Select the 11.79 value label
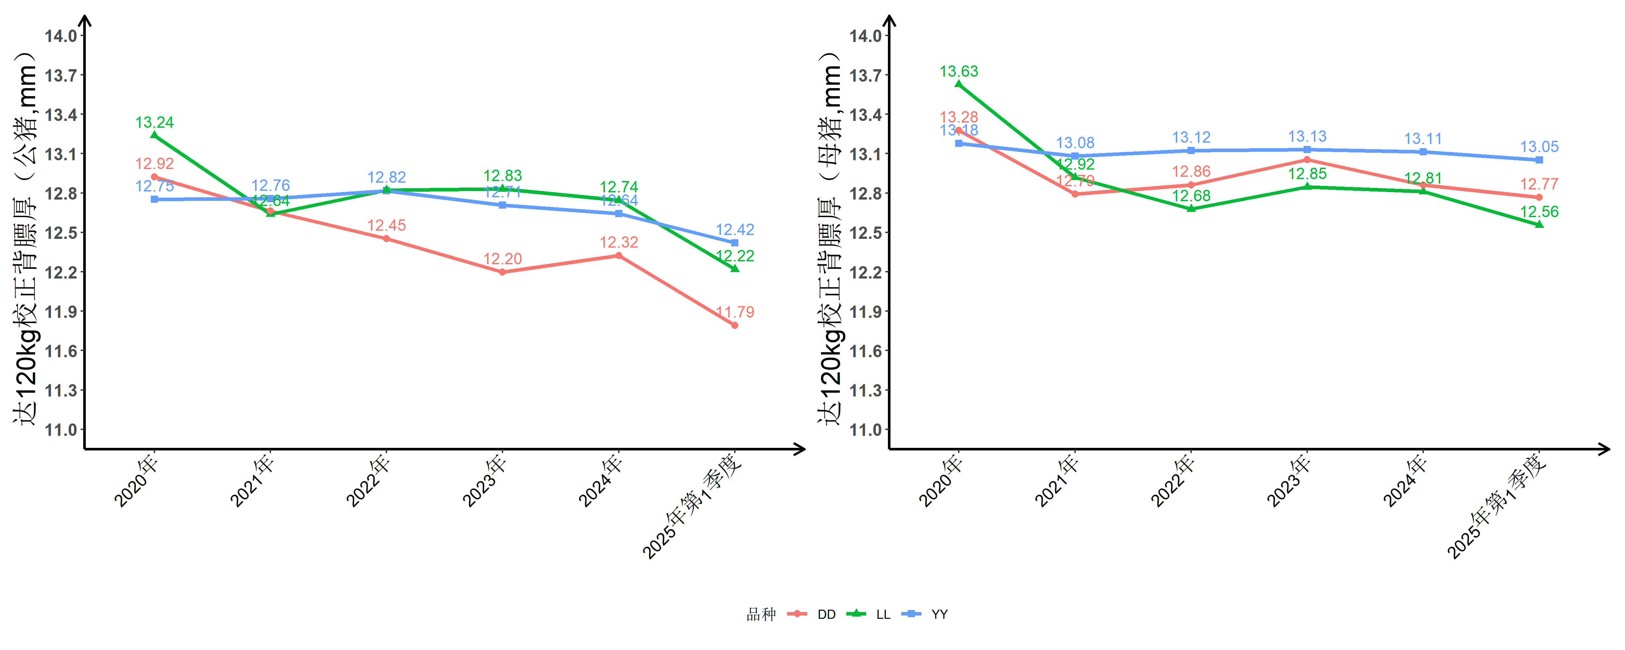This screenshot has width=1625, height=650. (x=735, y=312)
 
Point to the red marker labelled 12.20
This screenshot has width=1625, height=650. (x=502, y=272)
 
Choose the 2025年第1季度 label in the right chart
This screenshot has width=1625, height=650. (x=1498, y=508)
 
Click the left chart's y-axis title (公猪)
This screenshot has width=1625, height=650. (x=25, y=240)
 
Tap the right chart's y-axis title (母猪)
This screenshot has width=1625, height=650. (x=830, y=240)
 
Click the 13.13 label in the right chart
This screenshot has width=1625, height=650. (x=1307, y=136)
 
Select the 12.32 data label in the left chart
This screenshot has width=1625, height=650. (x=619, y=242)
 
